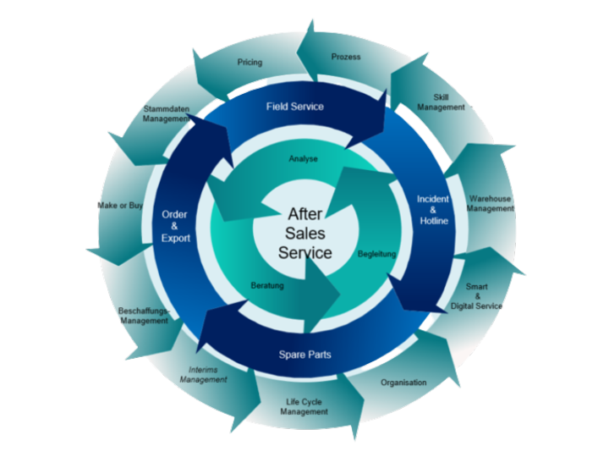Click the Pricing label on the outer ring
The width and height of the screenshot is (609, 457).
250,62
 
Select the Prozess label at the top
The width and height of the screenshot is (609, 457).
347,57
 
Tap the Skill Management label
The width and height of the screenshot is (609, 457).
442,102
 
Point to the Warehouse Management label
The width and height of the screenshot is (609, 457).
491,204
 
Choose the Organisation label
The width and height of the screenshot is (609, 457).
403,383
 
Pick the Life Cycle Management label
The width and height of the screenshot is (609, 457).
304,406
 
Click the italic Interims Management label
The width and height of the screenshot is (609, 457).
204,374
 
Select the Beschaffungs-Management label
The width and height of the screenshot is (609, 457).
144,316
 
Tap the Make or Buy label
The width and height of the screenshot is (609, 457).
119,206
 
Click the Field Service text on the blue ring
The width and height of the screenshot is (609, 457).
294,107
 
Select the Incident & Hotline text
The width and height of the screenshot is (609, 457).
433,210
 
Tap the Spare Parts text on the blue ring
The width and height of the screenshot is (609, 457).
304,355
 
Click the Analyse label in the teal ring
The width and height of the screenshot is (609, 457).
303,158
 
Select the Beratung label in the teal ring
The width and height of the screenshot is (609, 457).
267,286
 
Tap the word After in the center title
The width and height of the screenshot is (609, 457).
305,214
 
